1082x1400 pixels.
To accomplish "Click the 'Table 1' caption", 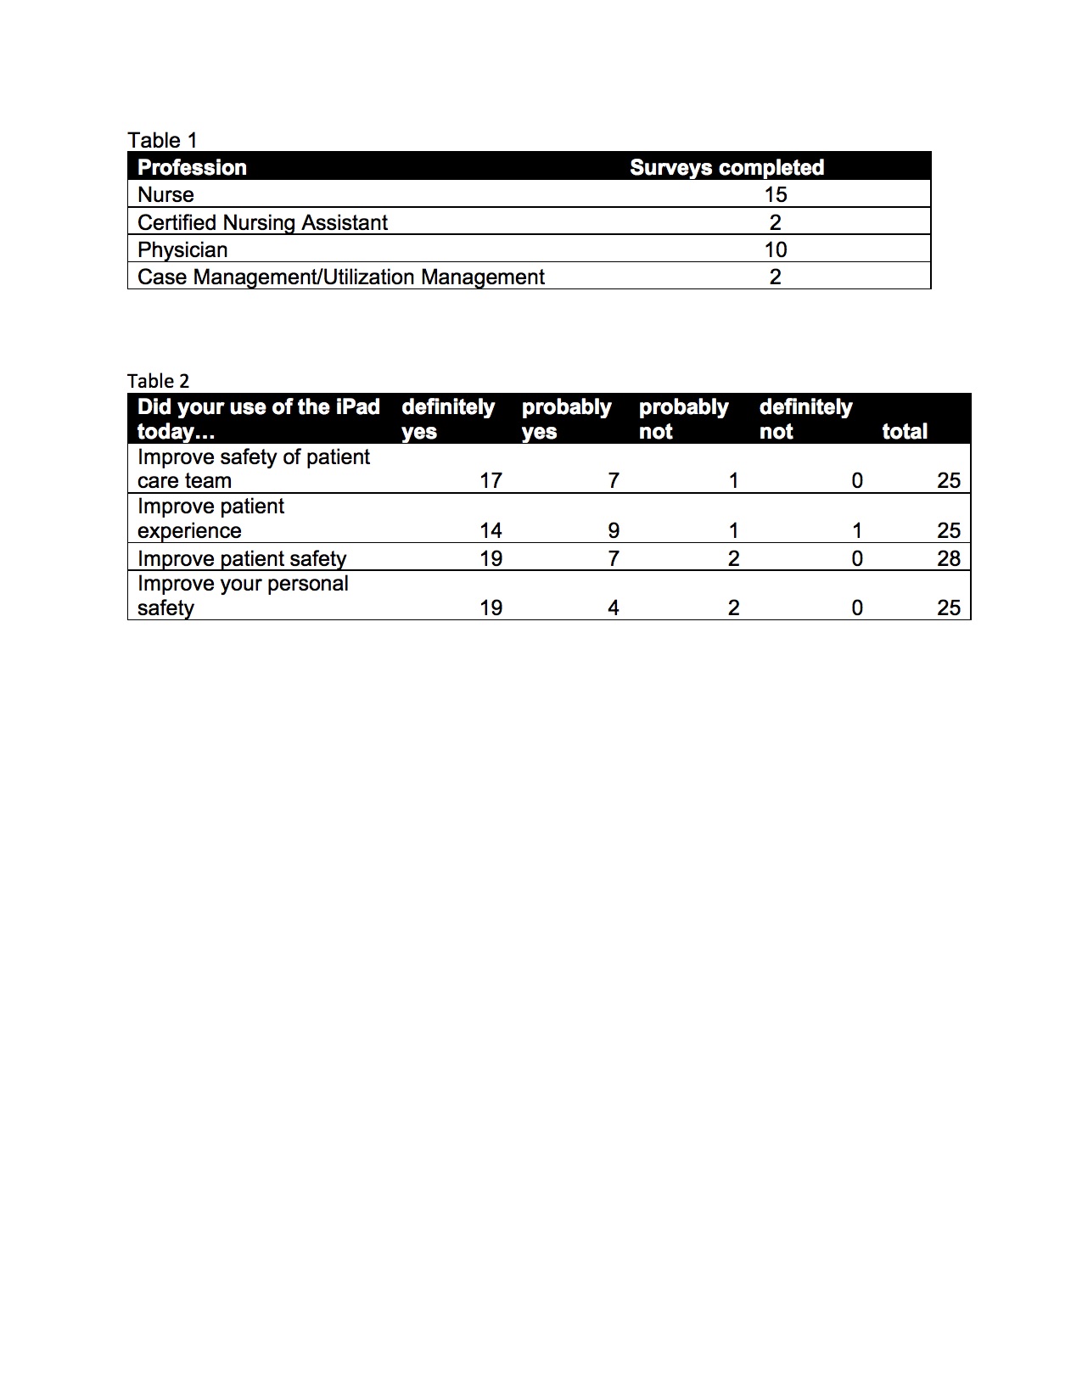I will click(162, 140).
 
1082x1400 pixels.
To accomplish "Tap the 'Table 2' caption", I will click(158, 381).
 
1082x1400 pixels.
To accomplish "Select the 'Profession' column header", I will click(192, 167).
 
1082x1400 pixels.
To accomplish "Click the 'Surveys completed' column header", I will click(726, 167).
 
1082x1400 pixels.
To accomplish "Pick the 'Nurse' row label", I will click(165, 194).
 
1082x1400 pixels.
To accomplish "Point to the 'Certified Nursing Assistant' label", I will click(262, 222).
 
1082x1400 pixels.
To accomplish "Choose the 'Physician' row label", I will click(182, 249).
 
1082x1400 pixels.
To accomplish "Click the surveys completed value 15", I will click(775, 194).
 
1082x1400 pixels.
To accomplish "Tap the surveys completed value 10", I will click(775, 249).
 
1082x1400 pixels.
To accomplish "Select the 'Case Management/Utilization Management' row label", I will click(340, 277).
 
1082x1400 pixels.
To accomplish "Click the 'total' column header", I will click(905, 431).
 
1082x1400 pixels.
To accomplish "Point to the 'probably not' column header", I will click(683, 418).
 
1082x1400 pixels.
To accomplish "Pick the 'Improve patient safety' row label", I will click(242, 558).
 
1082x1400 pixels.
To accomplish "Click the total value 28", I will click(948, 558).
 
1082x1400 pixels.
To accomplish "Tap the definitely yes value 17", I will click(491, 480).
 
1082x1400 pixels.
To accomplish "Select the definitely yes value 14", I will click(491, 530).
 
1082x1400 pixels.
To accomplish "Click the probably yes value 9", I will click(614, 530).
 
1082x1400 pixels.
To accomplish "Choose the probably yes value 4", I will click(614, 608).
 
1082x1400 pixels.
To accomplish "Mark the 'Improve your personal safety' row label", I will click(243, 596).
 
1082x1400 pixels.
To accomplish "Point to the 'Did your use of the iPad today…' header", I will click(258, 418).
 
